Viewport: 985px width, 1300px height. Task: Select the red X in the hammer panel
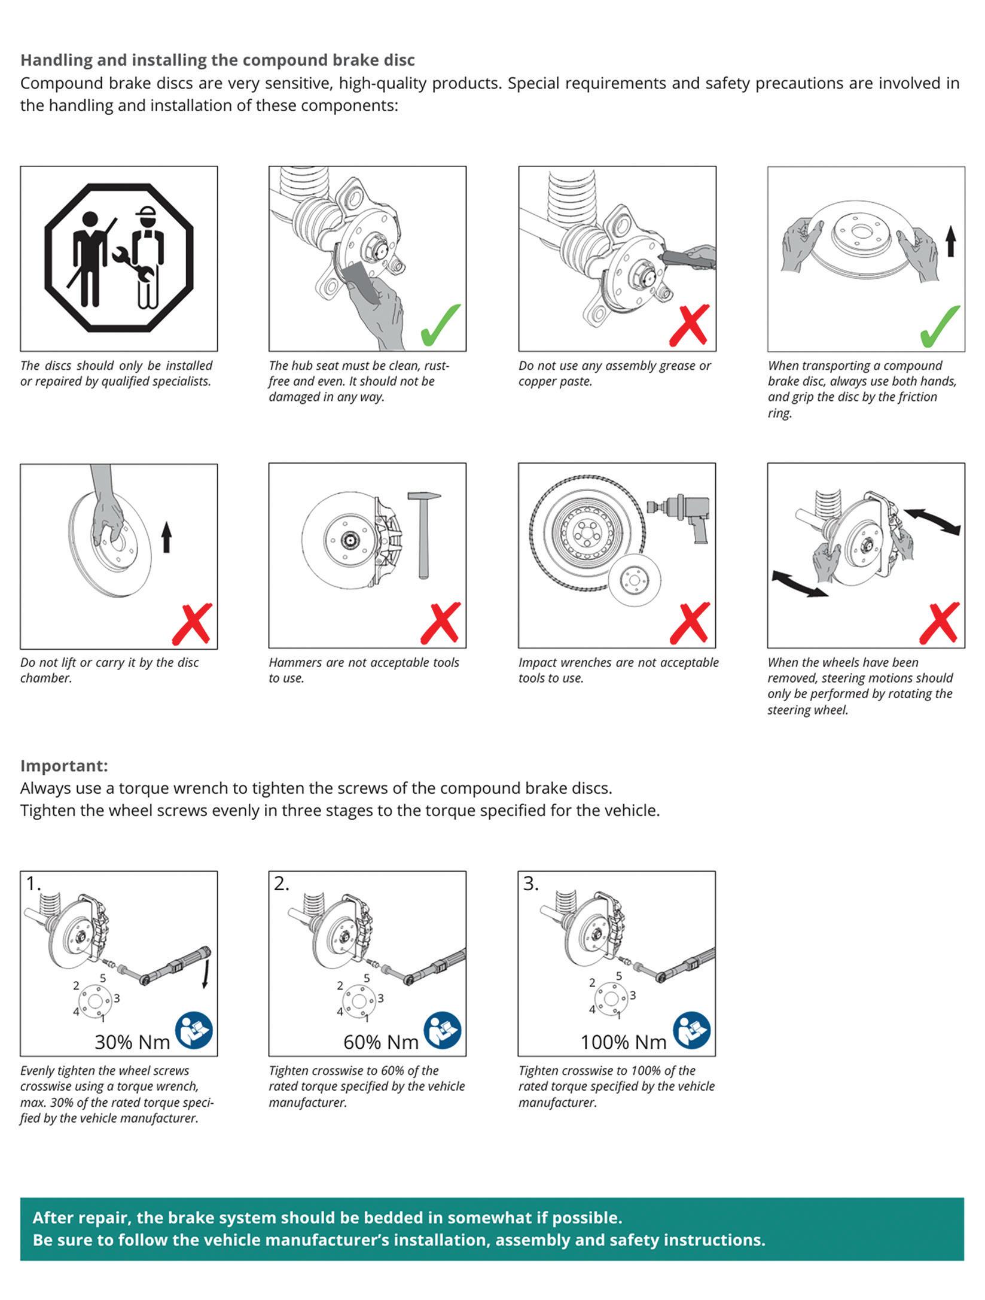440,623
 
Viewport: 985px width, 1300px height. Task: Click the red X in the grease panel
690,325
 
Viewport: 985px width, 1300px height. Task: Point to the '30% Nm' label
132,1042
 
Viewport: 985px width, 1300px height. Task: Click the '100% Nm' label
623,1042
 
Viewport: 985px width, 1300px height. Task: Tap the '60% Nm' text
380,1042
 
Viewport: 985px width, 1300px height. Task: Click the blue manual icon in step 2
443,1030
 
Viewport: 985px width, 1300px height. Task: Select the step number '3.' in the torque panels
530,884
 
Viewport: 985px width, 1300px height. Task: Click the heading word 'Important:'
64,766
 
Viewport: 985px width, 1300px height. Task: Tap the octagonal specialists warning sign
119,257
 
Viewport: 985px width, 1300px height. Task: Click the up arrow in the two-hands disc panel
950,243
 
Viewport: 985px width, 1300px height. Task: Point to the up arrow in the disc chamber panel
166,537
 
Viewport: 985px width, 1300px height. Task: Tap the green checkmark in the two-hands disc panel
940,325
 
